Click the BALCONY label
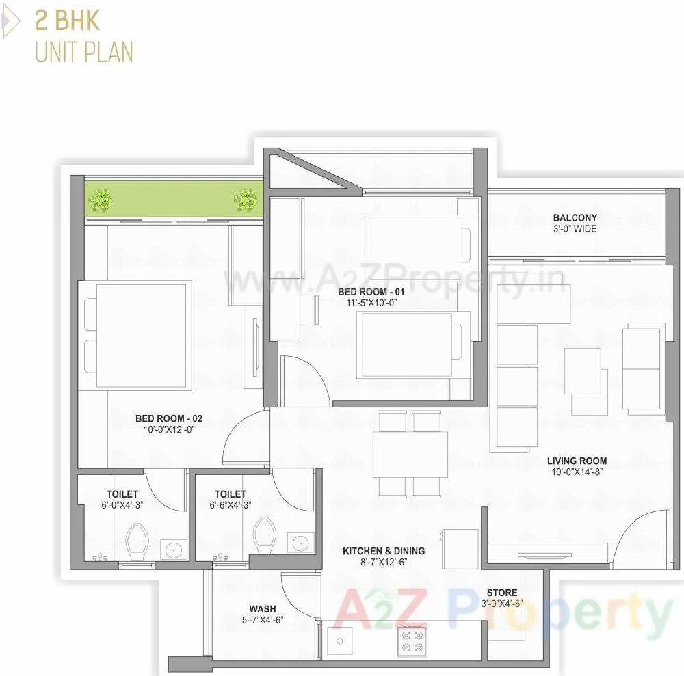pyautogui.click(x=575, y=218)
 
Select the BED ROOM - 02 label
pyautogui.click(x=169, y=418)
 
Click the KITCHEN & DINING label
pyautogui.click(x=384, y=550)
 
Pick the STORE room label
pyautogui.click(x=502, y=592)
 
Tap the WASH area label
pyautogui.click(x=263, y=608)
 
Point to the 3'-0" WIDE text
pyautogui.click(x=575, y=229)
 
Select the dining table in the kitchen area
pyautogui.click(x=410, y=454)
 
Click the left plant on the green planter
pyautogui.click(x=101, y=200)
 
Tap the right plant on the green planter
pyautogui.click(x=245, y=200)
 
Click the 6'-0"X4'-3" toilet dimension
pyautogui.click(x=122, y=505)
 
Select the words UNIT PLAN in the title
pyautogui.click(x=84, y=52)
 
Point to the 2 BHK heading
pyautogui.click(x=66, y=20)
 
